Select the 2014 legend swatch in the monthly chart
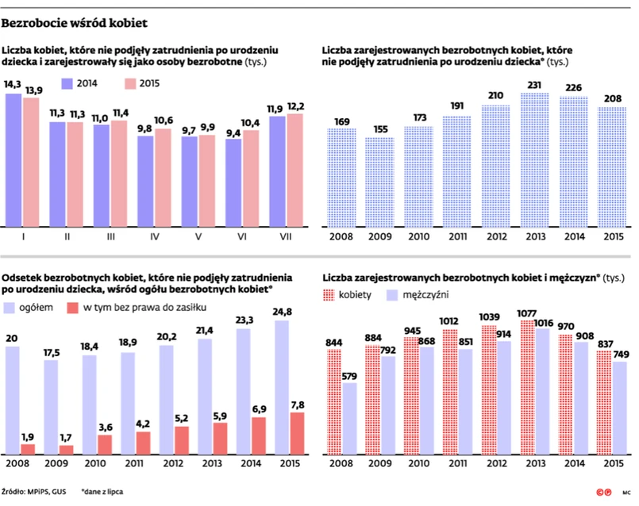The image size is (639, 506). coord(64,83)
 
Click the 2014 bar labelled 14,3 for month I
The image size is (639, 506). coord(14,159)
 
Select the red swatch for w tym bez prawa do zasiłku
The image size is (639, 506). coord(74,306)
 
